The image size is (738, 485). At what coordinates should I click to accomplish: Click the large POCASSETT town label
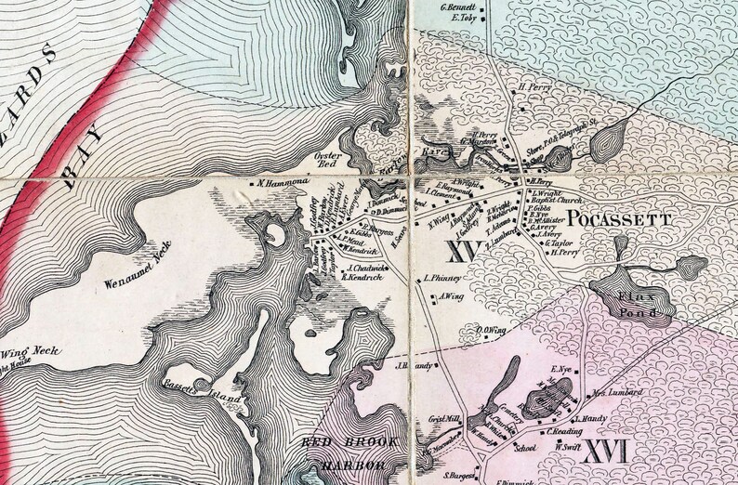pos(619,220)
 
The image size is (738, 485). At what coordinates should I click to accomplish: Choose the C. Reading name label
pos(564,432)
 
